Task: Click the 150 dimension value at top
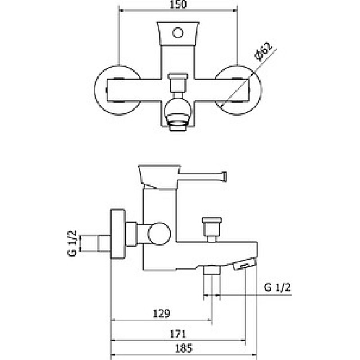pos(178,4)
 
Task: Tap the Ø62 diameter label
pos(264,52)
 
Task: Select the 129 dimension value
pos(162,313)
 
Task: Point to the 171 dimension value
pos(178,334)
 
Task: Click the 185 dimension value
pos(184,348)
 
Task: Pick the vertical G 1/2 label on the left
pos(72,243)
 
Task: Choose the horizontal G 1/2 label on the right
pos(277,287)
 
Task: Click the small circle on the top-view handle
pos(178,33)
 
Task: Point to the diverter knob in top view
pos(178,82)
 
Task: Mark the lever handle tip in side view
pos(224,176)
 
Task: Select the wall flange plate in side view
pos(118,234)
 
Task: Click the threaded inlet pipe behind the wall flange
pos(95,243)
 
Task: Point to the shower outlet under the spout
pos(212,270)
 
